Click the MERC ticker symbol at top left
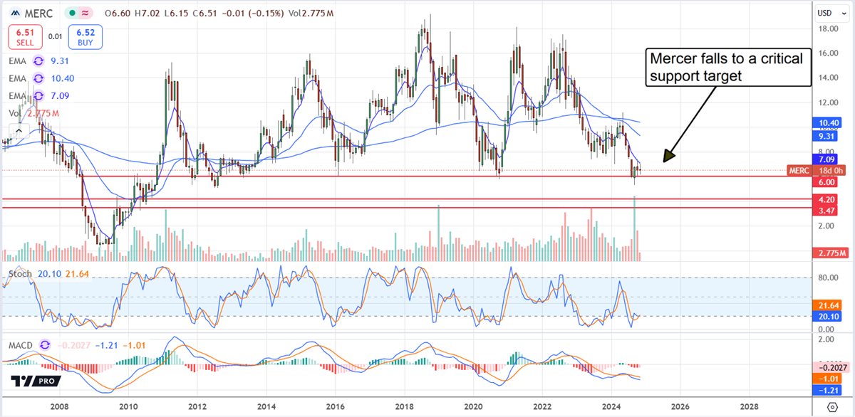pos(33,14)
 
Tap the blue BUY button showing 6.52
pos(85,37)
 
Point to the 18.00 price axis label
pos(827,29)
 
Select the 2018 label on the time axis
pos(405,407)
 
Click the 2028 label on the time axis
pos(749,407)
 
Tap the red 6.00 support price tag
pos(826,182)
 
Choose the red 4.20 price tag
pos(826,200)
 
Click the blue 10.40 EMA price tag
pos(829,123)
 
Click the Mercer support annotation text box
pos(727,68)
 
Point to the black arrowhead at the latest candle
pos(668,156)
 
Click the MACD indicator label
pos(20,345)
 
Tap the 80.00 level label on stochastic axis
pos(827,278)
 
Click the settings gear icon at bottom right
pos(832,407)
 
